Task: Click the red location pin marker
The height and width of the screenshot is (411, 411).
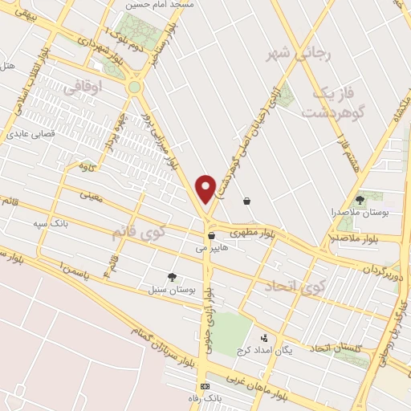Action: click(206, 189)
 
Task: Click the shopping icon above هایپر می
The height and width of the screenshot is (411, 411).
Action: click(210, 236)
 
